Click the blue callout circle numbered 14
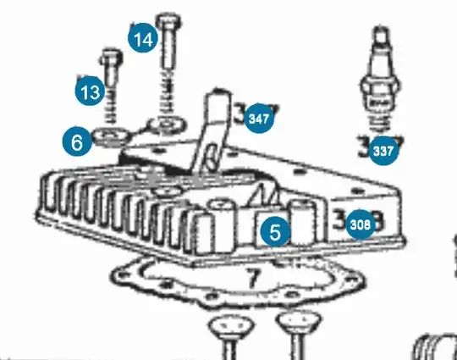click(143, 39)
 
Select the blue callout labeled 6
click(77, 142)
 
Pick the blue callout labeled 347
click(260, 119)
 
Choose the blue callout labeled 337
click(383, 152)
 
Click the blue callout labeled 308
click(361, 224)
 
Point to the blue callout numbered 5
click(275, 230)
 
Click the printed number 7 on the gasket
click(251, 278)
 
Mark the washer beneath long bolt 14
click(168, 125)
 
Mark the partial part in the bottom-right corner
click(438, 346)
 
